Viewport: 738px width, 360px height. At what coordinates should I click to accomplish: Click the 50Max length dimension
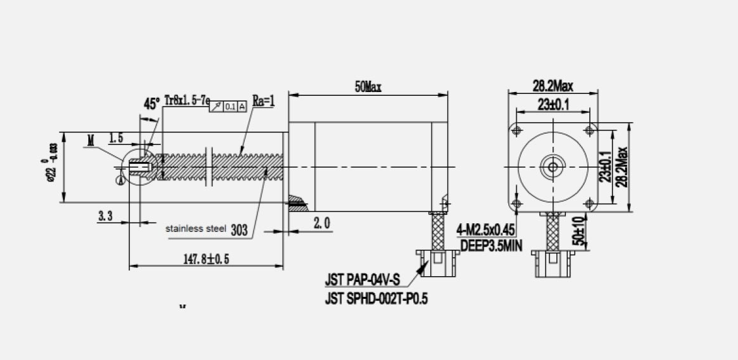click(368, 87)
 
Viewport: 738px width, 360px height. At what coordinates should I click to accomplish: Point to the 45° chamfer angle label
click(151, 104)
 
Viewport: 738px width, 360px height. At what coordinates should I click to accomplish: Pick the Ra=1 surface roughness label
click(263, 101)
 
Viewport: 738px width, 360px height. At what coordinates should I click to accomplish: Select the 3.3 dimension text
click(105, 216)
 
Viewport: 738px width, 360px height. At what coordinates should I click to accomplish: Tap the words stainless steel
click(196, 229)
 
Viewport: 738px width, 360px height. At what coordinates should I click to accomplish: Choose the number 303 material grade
click(239, 230)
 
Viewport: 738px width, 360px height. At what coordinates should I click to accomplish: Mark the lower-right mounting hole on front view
click(590, 203)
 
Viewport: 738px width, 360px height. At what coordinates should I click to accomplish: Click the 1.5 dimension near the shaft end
click(116, 137)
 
